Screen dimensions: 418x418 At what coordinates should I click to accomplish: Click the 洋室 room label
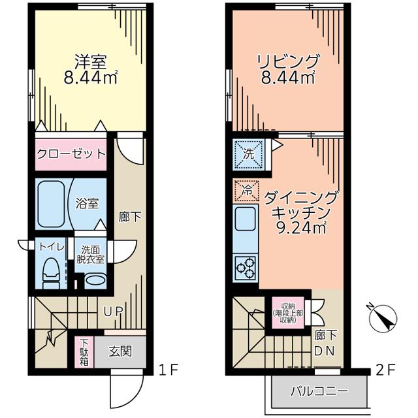(x=91, y=62)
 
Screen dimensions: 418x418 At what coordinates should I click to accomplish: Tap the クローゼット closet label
(x=71, y=154)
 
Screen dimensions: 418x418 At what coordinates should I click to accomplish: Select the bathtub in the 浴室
(x=51, y=204)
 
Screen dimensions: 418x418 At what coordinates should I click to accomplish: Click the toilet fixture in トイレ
(x=51, y=273)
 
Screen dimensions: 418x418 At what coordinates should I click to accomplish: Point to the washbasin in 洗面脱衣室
(x=95, y=281)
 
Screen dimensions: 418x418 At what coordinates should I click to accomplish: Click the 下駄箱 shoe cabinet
(x=84, y=352)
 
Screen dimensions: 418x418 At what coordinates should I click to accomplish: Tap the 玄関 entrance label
(x=120, y=351)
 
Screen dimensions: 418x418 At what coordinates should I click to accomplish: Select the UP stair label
(x=113, y=312)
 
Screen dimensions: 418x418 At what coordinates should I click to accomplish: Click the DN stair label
(x=324, y=351)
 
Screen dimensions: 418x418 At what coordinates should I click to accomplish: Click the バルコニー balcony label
(x=319, y=391)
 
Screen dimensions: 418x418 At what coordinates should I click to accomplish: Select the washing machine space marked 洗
(x=248, y=155)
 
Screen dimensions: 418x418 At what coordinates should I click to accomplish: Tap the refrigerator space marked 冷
(x=246, y=190)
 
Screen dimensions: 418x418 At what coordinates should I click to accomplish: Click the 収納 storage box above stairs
(x=288, y=313)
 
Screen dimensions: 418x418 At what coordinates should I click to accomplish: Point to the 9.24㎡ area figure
(x=302, y=228)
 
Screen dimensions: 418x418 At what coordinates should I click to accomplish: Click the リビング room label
(x=288, y=61)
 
